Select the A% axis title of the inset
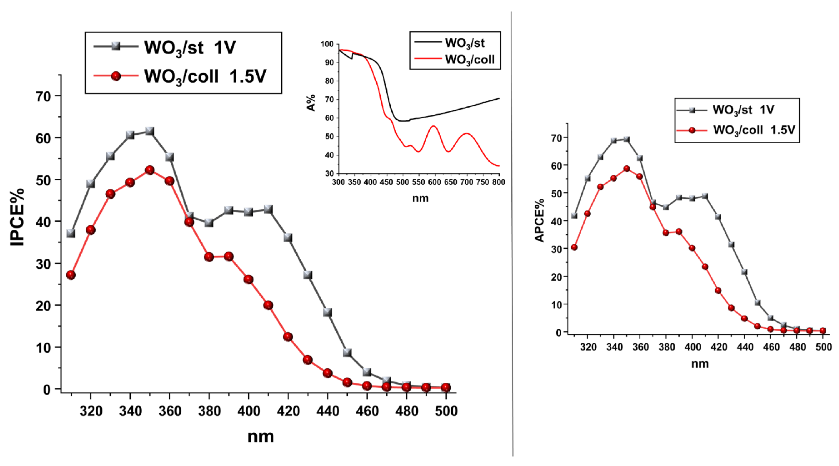[311, 103]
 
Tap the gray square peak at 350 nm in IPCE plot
[149, 131]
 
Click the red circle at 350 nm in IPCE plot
[149, 170]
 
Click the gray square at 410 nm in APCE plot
[705, 196]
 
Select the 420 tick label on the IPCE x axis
[288, 411]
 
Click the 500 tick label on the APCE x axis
[823, 347]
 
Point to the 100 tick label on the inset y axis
[327, 44]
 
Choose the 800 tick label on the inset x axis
[498, 182]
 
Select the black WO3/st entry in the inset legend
[465, 43]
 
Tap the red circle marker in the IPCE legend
[116, 76]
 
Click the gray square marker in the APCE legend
[692, 110]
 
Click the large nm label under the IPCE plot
[260, 436]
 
